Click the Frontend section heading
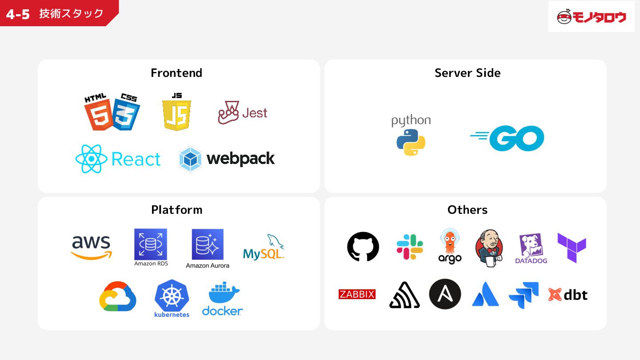click(x=176, y=73)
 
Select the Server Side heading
click(x=467, y=73)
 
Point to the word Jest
click(x=255, y=113)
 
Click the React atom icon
click(x=91, y=159)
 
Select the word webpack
click(x=240, y=159)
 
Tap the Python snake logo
click(x=411, y=142)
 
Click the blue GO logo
click(x=508, y=138)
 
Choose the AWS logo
click(x=91, y=247)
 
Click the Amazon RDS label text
click(x=151, y=264)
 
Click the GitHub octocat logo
click(x=363, y=247)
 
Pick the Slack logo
click(x=410, y=247)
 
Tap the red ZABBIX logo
click(x=357, y=294)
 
